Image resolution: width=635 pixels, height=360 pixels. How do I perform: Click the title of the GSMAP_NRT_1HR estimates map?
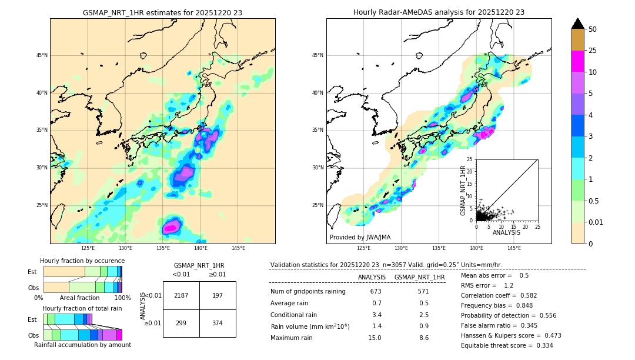pos(162,12)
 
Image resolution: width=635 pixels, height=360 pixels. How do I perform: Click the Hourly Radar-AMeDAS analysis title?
pos(439,12)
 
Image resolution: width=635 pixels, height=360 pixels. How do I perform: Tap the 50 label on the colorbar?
pos(593,29)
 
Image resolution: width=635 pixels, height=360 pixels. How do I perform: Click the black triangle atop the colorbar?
pos(578,24)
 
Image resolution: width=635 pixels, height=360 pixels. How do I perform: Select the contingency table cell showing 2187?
pos(181,295)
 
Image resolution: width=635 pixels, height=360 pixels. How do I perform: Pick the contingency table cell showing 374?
pos(218,323)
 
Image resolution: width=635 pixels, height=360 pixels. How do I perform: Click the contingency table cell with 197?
pos(218,295)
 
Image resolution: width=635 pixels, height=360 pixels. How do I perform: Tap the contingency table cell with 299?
pos(181,323)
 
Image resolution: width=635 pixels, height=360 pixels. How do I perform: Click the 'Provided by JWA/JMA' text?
pos(360,238)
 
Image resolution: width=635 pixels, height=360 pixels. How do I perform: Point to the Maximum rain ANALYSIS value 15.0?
pos(375,338)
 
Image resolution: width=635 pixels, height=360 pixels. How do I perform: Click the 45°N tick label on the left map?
pos(41,55)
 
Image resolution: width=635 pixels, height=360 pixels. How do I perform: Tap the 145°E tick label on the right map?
pos(514,248)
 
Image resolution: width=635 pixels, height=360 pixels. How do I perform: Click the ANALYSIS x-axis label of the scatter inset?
pos(506,232)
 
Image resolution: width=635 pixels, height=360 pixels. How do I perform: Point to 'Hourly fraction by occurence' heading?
pos(82,261)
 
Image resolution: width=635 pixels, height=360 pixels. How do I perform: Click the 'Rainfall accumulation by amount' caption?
pos(82,345)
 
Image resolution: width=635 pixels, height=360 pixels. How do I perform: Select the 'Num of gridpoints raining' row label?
pos(308,292)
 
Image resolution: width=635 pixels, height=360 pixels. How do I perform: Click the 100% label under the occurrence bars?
pos(122,298)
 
